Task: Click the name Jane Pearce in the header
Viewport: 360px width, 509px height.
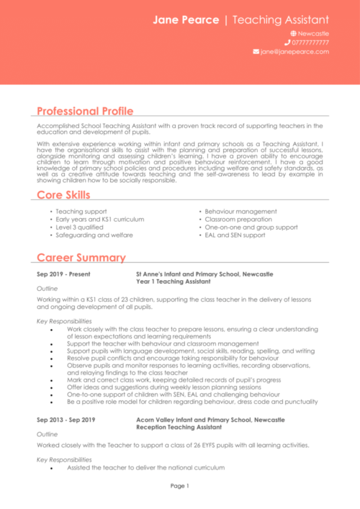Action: [185, 19]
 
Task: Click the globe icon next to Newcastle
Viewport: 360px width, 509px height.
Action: [293, 34]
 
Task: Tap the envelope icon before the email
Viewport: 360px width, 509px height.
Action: [256, 52]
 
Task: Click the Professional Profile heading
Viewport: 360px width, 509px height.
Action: [85, 111]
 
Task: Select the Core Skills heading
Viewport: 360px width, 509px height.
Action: [63, 195]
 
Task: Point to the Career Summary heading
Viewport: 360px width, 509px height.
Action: [81, 258]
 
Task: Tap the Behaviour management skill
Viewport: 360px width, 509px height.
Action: [240, 211]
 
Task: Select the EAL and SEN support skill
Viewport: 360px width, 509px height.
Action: [235, 235]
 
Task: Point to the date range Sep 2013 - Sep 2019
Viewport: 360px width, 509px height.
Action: [66, 419]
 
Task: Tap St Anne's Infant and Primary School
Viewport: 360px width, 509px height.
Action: [204, 274]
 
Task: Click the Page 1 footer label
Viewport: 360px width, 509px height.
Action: [179, 485]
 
